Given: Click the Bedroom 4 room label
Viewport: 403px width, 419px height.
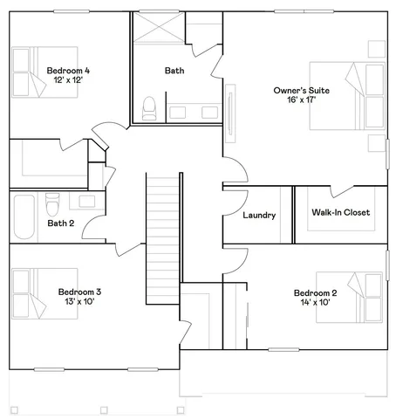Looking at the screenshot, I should point(68,69).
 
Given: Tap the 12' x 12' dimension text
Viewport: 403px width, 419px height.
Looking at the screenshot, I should point(68,80).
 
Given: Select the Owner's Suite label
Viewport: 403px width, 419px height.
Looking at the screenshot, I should point(301,90).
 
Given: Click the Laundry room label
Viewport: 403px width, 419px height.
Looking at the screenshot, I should point(259,216).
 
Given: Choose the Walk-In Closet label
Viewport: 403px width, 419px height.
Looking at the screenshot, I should point(341,212).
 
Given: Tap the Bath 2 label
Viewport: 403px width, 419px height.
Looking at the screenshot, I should point(61,223).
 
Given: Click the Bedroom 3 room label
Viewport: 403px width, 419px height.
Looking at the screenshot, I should point(80,292).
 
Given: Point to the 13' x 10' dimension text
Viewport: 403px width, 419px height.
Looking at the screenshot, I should point(80,303).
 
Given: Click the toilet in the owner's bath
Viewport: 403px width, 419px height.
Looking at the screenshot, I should point(149,109).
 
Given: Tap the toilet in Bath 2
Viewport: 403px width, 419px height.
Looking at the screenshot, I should point(51,203).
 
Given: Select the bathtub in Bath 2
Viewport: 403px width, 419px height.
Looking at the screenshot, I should point(24,214).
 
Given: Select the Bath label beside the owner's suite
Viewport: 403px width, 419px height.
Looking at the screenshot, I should point(174,70).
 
